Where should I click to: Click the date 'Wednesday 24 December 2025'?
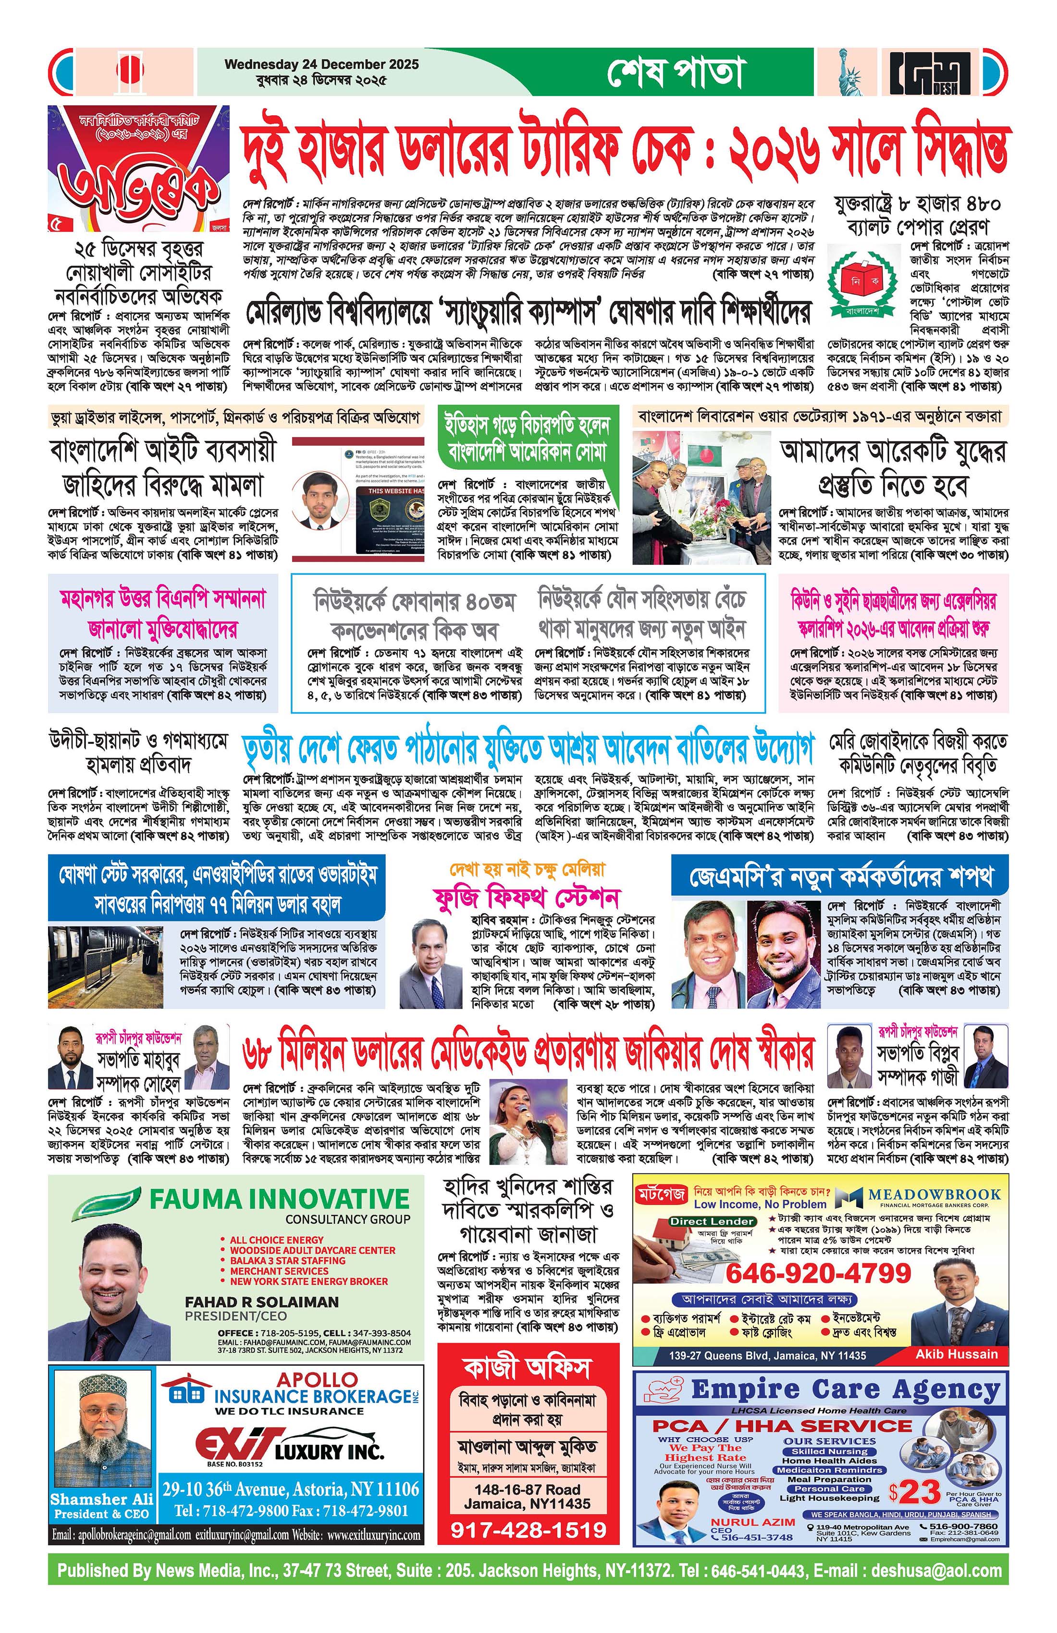point(321,64)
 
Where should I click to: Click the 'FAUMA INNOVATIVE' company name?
point(280,1199)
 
